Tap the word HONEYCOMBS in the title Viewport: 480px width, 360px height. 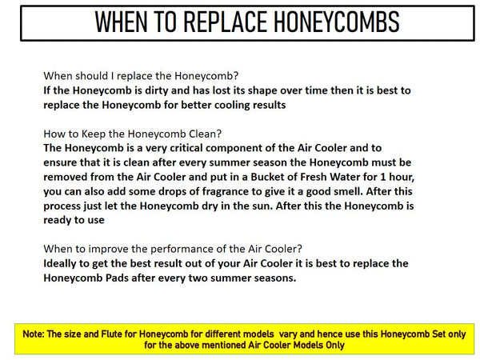click(336, 22)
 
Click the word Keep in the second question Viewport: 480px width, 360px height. click(94, 134)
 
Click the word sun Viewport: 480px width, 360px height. click(264, 206)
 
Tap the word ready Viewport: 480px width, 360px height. click(58, 221)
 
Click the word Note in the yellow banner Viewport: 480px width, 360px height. click(34, 334)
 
